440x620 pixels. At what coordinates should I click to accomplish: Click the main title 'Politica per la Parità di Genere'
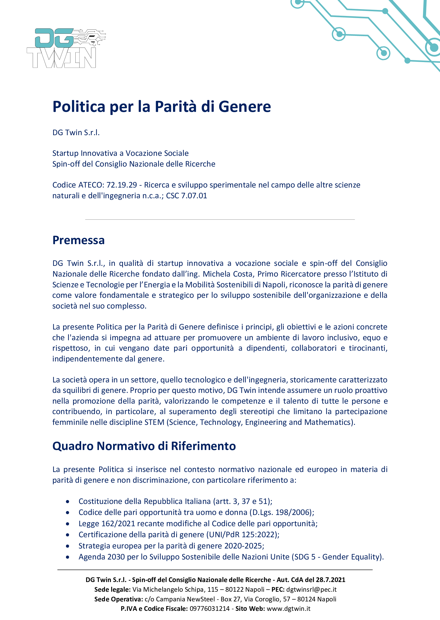[x=161, y=107]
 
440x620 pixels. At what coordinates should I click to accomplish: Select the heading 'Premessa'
[x=78, y=240]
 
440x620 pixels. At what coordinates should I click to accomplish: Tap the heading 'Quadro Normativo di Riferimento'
[x=144, y=446]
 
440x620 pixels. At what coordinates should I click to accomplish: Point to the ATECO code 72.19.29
[x=122, y=185]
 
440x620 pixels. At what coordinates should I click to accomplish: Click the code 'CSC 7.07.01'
[x=186, y=196]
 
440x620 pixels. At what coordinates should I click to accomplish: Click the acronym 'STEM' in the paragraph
[x=154, y=422]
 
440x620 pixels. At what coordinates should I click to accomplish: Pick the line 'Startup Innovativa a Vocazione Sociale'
[x=120, y=153]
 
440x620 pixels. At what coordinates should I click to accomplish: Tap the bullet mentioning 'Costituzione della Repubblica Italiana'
[x=175, y=502]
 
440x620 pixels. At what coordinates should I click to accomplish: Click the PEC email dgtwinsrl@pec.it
[x=311, y=589]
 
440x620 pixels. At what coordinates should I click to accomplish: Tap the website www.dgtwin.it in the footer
[x=288, y=609]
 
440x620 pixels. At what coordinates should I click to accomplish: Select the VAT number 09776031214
[x=209, y=609]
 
